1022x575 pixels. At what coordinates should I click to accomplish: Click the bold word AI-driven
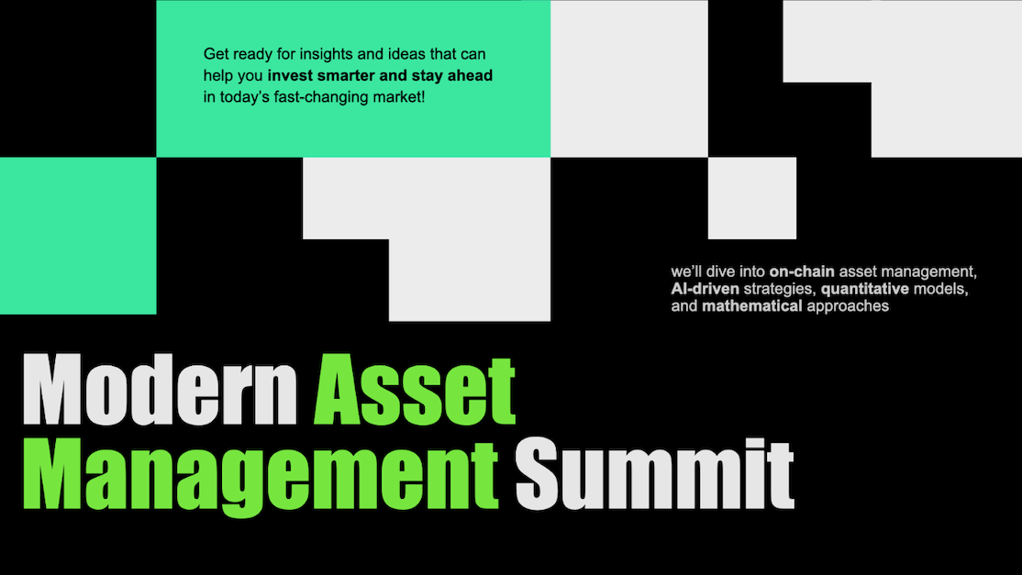tap(705, 289)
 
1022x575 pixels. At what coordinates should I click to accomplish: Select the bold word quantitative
tap(859, 289)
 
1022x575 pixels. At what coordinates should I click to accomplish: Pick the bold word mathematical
tap(751, 305)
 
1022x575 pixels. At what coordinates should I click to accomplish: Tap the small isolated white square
tap(751, 198)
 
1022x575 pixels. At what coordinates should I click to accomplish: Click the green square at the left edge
tap(77, 236)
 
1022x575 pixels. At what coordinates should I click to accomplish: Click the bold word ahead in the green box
tap(471, 75)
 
